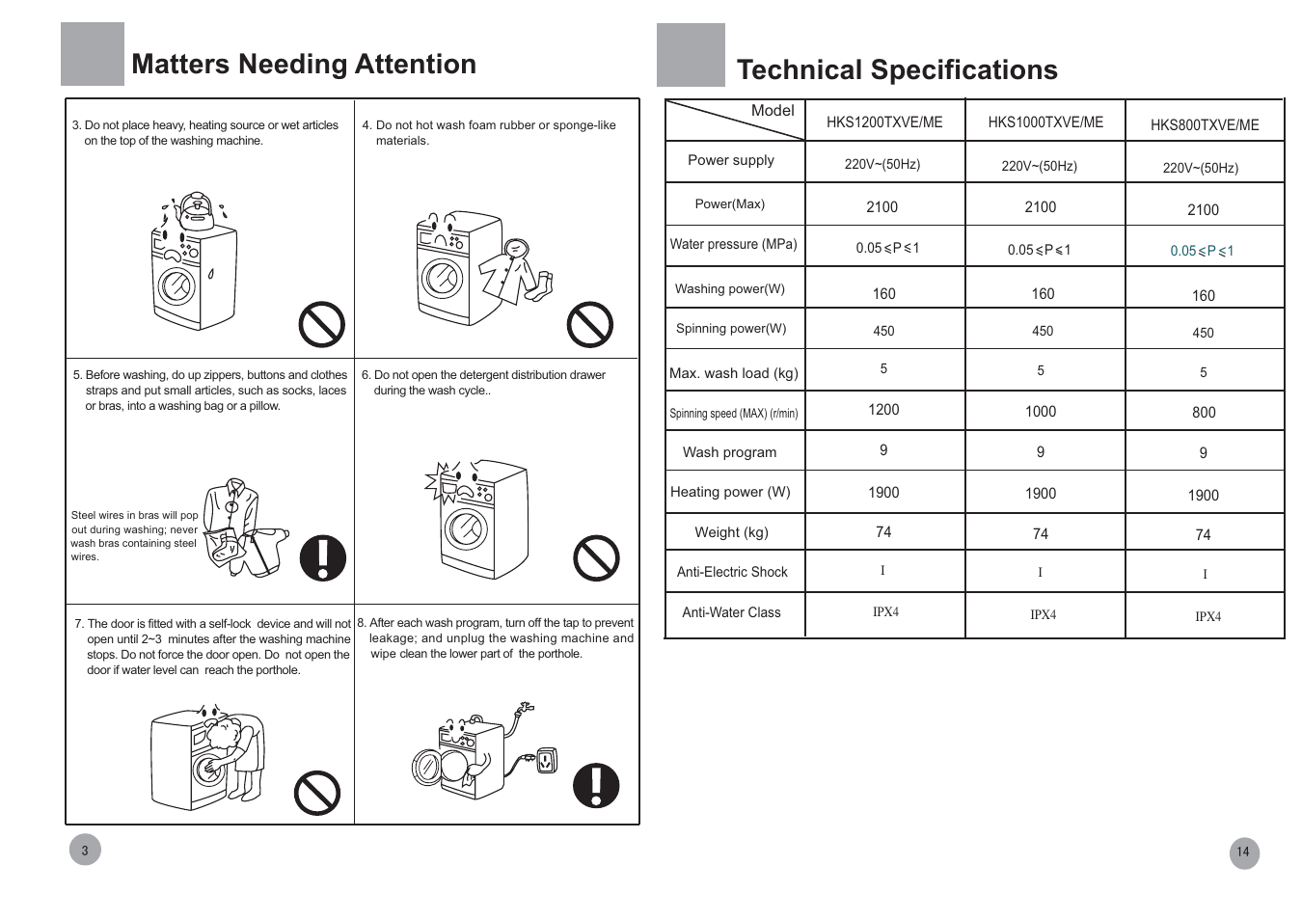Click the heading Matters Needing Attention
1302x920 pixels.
pyautogui.click(x=304, y=64)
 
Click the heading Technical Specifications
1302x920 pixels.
pyautogui.click(x=897, y=69)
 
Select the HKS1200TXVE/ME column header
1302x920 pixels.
pyautogui.click(x=884, y=122)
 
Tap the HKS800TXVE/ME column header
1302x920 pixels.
pyautogui.click(x=1205, y=125)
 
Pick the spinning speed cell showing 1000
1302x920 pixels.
pyautogui.click(x=1041, y=412)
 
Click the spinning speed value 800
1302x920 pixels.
pyautogui.click(x=1204, y=413)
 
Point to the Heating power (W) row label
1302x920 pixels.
pyautogui.click(x=730, y=492)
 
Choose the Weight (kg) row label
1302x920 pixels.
pyautogui.click(x=731, y=532)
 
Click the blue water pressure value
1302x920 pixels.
pyautogui.click(x=1202, y=251)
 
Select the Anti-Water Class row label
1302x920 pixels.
pyautogui.click(x=731, y=612)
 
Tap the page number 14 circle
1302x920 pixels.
pyautogui.click(x=1244, y=852)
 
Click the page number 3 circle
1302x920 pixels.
pyautogui.click(x=85, y=850)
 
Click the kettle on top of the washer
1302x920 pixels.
pyautogui.click(x=196, y=210)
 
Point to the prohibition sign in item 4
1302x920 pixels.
pyautogui.click(x=590, y=324)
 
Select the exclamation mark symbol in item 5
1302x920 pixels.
pyautogui.click(x=323, y=557)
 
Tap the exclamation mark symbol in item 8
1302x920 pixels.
pyautogui.click(x=596, y=785)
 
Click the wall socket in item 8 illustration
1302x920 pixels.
pyautogui.click(x=547, y=761)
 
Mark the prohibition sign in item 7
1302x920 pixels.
pyautogui.click(x=317, y=793)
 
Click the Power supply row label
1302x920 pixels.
pyautogui.click(x=731, y=160)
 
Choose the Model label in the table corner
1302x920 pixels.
pyautogui.click(x=773, y=110)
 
